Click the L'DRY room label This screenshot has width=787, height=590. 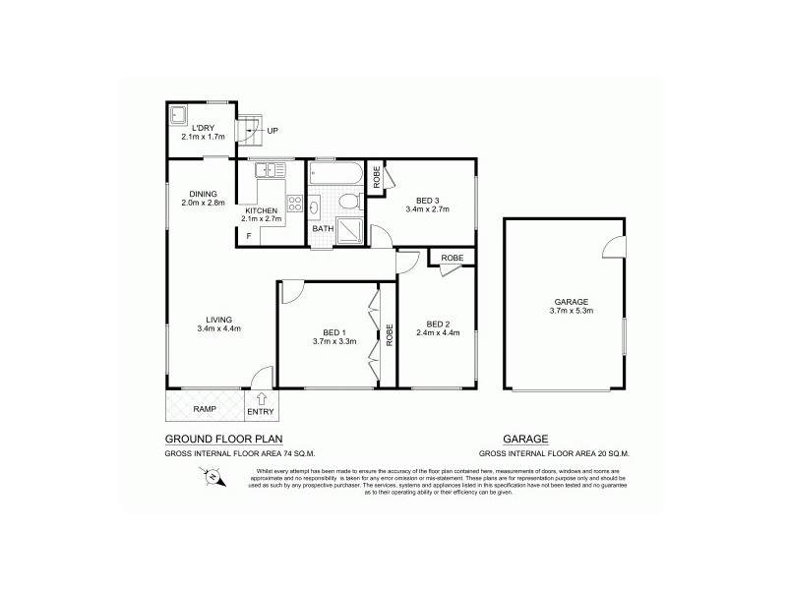pyautogui.click(x=205, y=128)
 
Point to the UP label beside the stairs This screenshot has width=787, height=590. pyautogui.click(x=272, y=130)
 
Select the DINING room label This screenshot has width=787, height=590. pyautogui.click(x=204, y=194)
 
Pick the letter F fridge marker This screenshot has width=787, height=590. pyautogui.click(x=249, y=236)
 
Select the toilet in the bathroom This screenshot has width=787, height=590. pyautogui.click(x=346, y=202)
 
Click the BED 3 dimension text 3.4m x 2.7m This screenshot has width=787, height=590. pyautogui.click(x=428, y=209)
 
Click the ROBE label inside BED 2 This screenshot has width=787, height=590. pyautogui.click(x=452, y=258)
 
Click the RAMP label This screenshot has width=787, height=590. pyautogui.click(x=205, y=408)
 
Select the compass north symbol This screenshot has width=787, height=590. pyautogui.click(x=212, y=478)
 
